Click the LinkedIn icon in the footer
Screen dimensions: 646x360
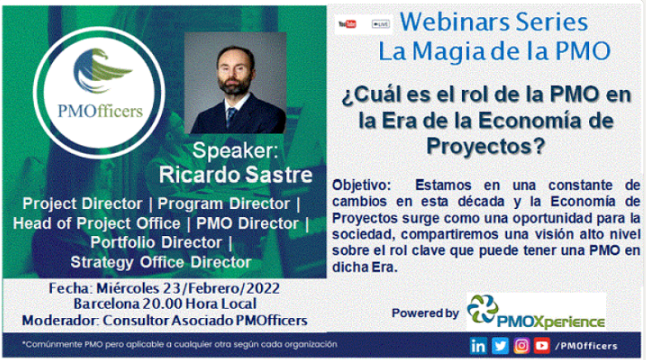tap(478, 346)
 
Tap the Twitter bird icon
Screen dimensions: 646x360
tap(500, 346)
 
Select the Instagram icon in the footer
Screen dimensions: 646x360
tap(521, 346)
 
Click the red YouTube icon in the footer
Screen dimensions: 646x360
tap(542, 346)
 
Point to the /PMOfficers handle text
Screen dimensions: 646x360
tap(587, 346)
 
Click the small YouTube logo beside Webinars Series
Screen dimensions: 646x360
tap(347, 24)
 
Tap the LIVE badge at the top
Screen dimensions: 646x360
tap(380, 24)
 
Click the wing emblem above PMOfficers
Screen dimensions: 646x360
tap(101, 70)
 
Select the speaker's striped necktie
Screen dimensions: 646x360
tap(231, 116)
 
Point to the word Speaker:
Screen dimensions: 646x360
tap(235, 150)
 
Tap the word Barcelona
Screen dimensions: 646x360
tap(107, 304)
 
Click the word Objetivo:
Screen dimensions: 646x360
tap(361, 185)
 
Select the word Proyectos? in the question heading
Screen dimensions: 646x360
tap(486, 146)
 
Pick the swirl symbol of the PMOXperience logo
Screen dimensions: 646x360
tap(482, 309)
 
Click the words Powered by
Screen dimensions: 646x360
tap(425, 314)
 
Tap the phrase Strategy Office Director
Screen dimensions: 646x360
tap(161, 263)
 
